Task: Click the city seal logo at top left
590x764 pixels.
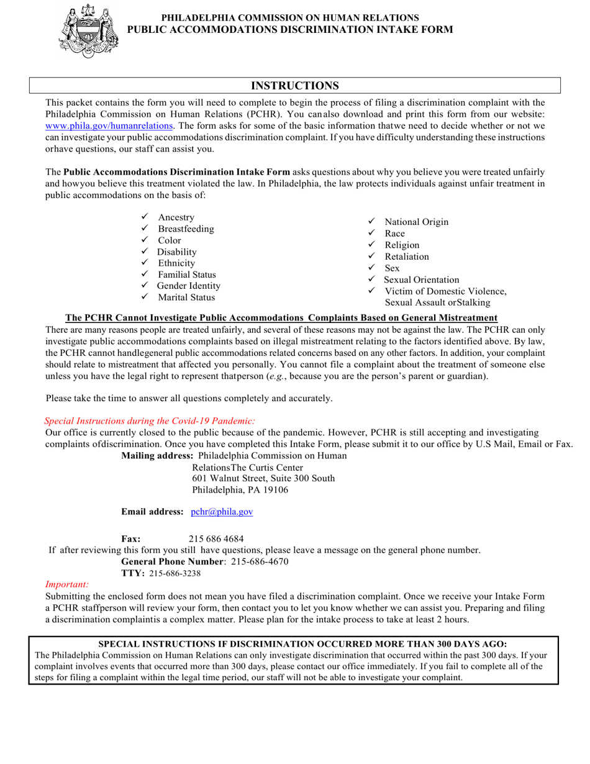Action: coord(88,31)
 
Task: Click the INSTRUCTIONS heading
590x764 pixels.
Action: coord(294,86)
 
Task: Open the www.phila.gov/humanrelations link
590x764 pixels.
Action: coord(109,125)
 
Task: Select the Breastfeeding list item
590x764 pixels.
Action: coord(186,229)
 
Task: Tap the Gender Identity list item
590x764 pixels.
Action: coord(188,286)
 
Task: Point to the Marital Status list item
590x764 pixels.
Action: coord(186,298)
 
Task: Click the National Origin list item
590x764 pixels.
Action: coord(416,222)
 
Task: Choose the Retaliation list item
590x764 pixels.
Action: coord(406,257)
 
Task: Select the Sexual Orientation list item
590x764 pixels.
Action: coord(422,280)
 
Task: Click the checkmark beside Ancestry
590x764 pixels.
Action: coord(144,217)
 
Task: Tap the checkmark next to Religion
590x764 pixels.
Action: coord(371,245)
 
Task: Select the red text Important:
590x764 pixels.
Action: coord(67,584)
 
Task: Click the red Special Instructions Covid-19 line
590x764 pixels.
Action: coord(150,421)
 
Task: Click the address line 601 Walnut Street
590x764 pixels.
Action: coord(263,478)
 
